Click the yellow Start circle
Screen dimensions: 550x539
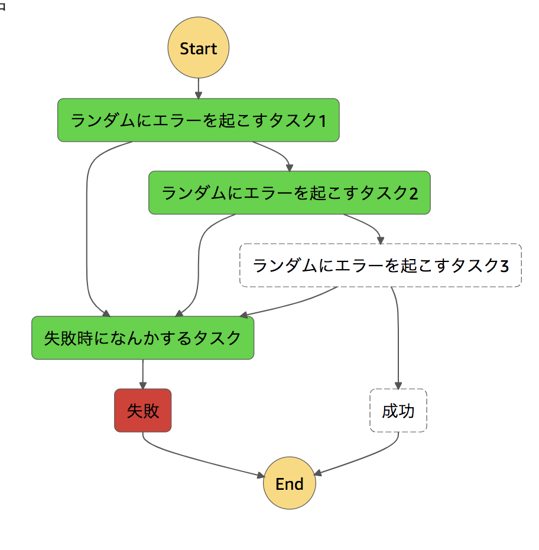(x=199, y=48)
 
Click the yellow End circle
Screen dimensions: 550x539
(x=289, y=484)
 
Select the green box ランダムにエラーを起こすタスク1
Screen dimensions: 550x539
(x=199, y=120)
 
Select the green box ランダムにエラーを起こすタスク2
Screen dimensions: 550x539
(x=290, y=193)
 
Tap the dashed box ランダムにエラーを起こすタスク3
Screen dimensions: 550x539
(x=380, y=266)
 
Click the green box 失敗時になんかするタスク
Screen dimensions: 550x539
(x=143, y=338)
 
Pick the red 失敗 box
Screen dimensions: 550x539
(x=143, y=411)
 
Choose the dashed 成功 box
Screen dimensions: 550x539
(x=398, y=411)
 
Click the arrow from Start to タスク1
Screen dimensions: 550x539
(x=199, y=89)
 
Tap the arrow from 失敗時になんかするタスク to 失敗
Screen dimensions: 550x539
(x=143, y=374)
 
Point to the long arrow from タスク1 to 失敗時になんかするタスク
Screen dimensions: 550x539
(x=87, y=236)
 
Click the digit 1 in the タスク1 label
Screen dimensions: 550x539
(x=322, y=121)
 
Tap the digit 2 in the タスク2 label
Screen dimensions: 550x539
(x=413, y=194)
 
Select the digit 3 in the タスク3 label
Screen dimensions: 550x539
(x=504, y=266)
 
